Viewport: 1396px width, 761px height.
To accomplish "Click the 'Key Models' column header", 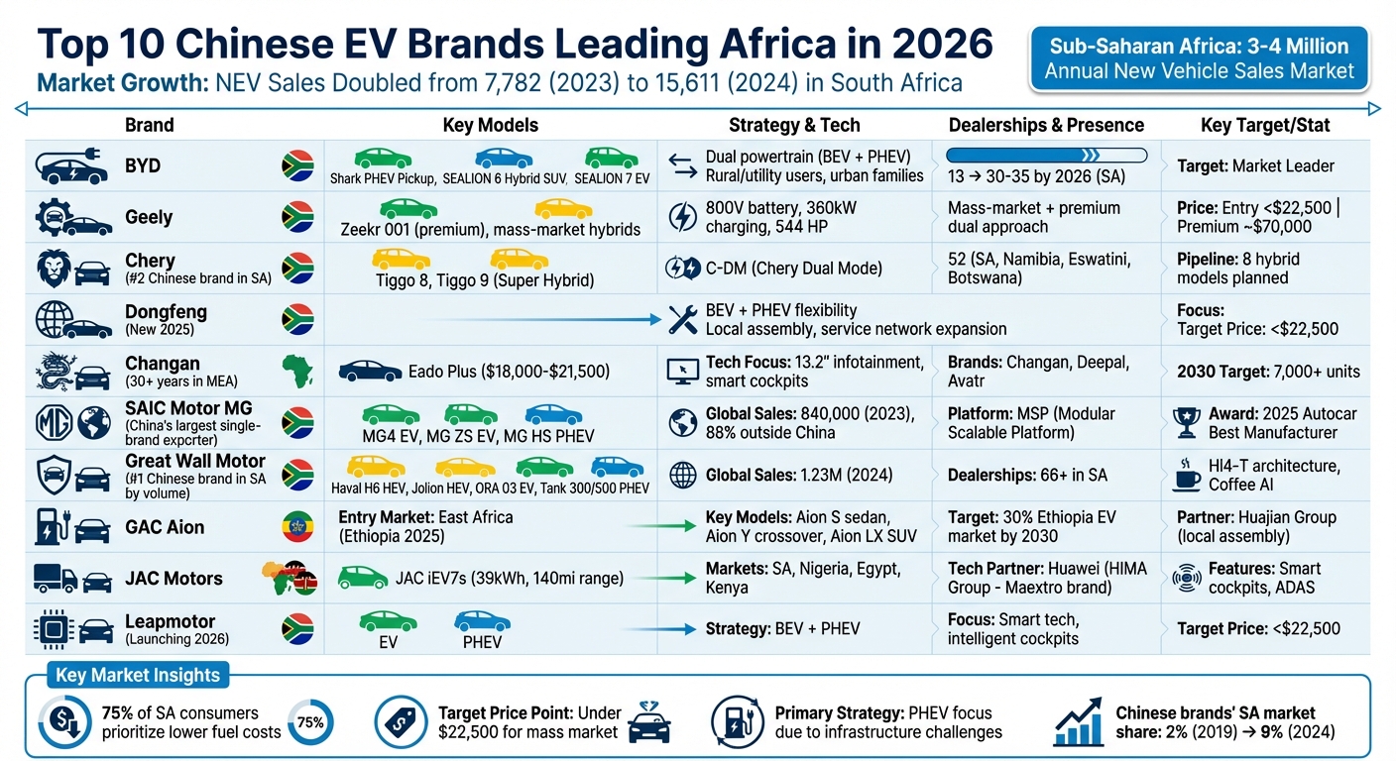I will coord(490,125).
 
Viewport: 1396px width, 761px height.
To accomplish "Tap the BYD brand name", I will coord(143,165).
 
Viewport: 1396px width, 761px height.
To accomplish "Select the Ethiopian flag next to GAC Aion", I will coord(297,527).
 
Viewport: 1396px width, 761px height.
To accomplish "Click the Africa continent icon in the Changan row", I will coord(297,372).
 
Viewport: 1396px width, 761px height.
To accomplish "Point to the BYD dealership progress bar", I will coord(1046,155).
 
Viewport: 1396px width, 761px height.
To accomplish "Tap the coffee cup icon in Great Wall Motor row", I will coord(1186,475).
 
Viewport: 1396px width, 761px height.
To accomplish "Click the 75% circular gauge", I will coord(310,722).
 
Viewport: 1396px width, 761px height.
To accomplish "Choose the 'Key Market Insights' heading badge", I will coord(138,676).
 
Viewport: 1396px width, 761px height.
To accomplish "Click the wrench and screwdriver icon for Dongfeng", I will coord(683,319).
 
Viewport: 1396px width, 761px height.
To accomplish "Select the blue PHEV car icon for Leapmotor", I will coord(482,622).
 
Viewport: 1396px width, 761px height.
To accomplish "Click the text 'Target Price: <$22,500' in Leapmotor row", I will coord(1258,629).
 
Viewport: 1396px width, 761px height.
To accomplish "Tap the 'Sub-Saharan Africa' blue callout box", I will coord(1199,58).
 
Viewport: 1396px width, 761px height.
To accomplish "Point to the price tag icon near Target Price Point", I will coord(401,721).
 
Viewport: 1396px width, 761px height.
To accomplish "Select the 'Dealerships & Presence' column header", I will coord(1046,125).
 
